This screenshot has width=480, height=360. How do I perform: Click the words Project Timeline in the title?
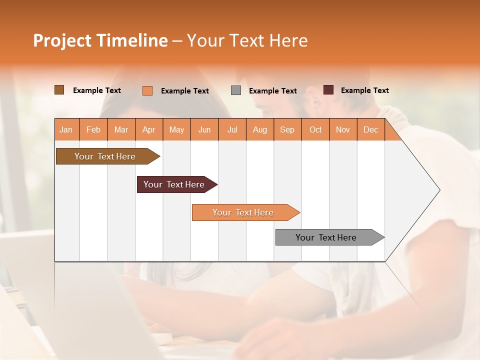pos(100,40)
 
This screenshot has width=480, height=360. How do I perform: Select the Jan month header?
pos(66,129)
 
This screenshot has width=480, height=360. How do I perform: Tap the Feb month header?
pos(93,129)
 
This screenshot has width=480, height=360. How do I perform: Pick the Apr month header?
pos(148,129)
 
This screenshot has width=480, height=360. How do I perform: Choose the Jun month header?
pos(204,129)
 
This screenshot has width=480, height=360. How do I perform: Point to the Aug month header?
pos(259,129)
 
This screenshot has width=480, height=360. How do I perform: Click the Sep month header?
pos(287,129)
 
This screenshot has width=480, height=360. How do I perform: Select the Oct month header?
pos(315,129)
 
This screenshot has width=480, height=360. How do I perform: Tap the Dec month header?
pos(370,129)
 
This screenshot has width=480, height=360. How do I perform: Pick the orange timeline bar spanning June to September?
pos(243,212)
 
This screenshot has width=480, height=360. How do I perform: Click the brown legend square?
pos(59,90)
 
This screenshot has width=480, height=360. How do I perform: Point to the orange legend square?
pos(147,90)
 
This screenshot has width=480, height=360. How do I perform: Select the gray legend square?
pos(236,90)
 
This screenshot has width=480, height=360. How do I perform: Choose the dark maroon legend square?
pos(328,90)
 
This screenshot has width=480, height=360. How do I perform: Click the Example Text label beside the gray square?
pos(272,91)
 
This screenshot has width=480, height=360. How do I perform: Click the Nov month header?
pos(343,129)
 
